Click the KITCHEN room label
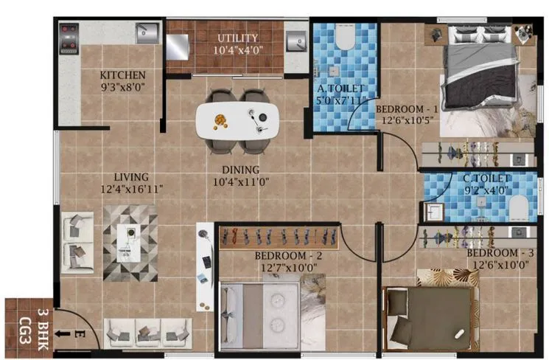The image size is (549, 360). point(122,75)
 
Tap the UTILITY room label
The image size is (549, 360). point(237,38)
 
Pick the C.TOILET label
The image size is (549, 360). point(486,179)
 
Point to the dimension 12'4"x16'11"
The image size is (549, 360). point(131,189)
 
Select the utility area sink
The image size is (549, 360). point(296,43)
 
